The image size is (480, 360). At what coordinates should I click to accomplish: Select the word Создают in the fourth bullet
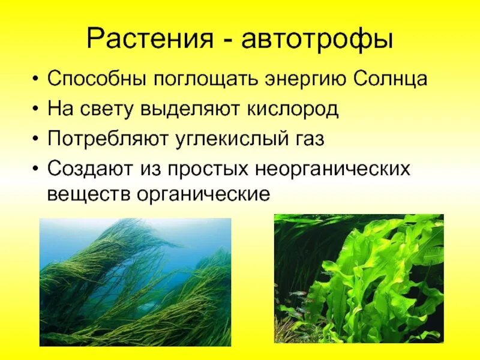click(x=87, y=169)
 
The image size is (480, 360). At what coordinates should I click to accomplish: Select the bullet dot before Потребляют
click(x=38, y=140)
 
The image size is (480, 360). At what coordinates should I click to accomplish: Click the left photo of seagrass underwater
click(x=135, y=282)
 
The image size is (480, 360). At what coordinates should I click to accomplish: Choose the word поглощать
click(x=194, y=80)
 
